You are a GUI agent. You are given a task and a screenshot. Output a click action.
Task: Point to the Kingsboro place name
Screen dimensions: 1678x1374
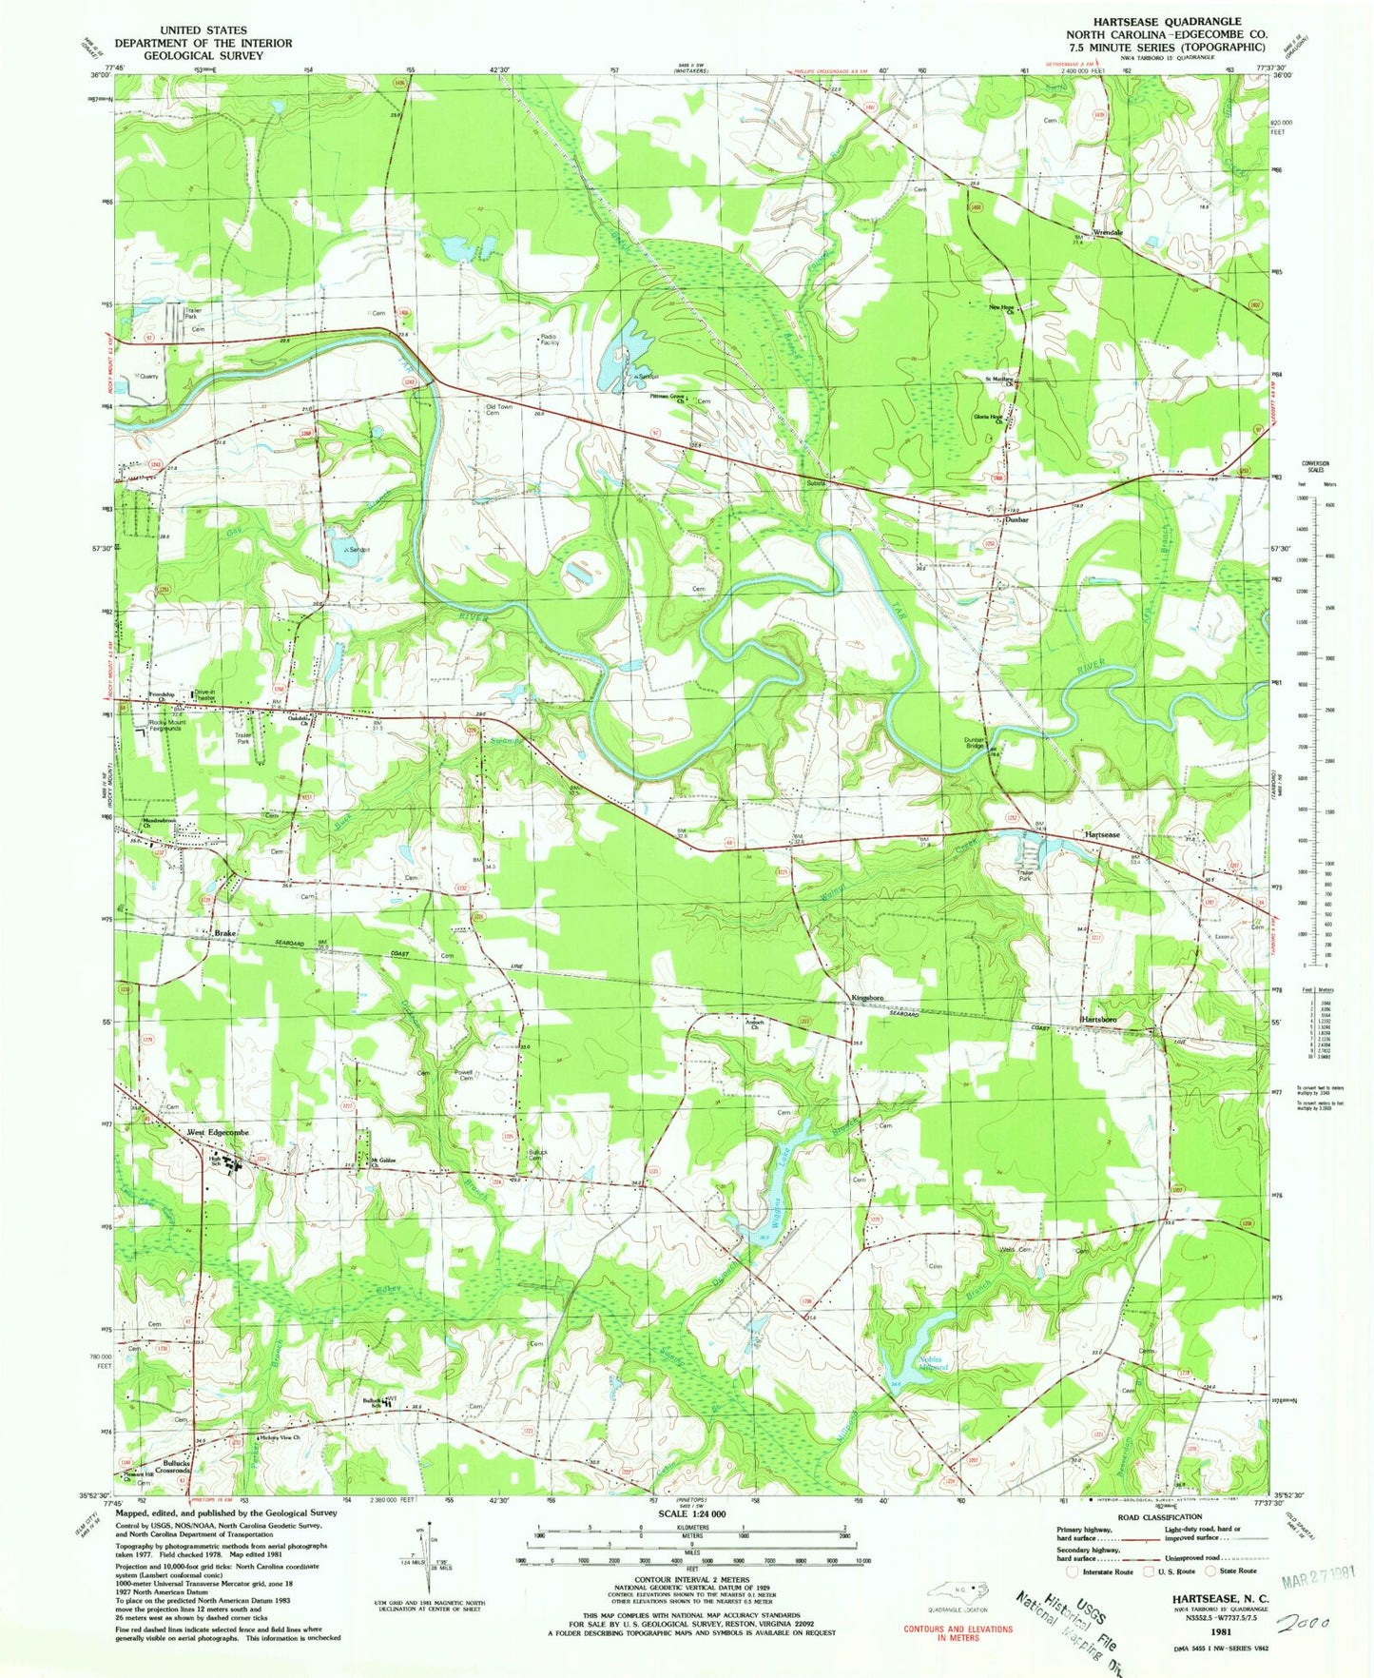866,998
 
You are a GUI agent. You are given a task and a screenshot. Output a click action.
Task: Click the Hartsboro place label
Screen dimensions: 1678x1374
1097,1020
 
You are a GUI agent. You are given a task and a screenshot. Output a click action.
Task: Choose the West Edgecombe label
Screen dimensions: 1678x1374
218,1133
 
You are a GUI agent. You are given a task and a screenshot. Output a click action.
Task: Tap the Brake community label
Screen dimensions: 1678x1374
224,934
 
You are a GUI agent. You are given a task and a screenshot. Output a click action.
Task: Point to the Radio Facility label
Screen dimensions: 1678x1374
549,340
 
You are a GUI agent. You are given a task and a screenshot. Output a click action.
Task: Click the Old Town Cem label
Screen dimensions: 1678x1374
498,410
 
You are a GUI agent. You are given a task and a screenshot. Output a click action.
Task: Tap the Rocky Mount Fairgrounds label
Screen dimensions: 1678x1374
166,725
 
